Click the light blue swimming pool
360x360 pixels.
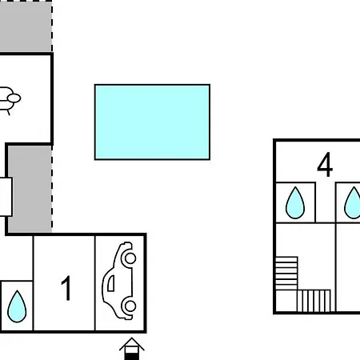[152, 122]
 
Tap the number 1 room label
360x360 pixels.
[66, 288]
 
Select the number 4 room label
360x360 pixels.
[325, 165]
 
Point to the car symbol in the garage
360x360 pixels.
[119, 281]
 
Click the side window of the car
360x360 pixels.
[111, 283]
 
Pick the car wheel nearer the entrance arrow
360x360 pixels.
[130, 306]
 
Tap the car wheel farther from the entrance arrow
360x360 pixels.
[130, 258]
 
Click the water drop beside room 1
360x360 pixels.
[17, 306]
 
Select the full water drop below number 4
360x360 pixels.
[295, 203]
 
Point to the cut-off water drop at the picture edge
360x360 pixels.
[353, 203]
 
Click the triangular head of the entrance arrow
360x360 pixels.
[132, 344]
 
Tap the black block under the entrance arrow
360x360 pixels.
[132, 357]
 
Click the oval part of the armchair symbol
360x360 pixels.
[14, 98]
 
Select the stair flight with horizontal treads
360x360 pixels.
[286, 274]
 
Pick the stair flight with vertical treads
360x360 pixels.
[314, 301]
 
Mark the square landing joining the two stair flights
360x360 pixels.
[286, 301]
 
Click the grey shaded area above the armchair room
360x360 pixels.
[26, 26]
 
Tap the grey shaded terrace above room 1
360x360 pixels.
[30, 190]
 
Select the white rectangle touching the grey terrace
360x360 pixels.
[6, 197]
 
